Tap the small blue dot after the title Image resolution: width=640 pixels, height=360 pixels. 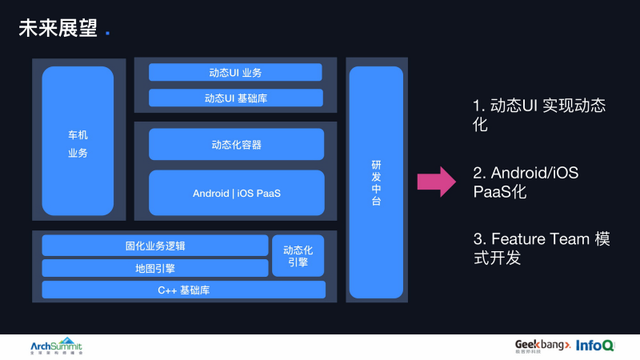108,34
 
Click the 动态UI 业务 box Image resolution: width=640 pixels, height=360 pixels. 235,73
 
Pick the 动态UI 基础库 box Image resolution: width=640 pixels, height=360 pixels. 235,98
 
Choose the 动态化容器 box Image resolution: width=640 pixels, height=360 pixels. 236,145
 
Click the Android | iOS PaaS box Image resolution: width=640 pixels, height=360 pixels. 236,193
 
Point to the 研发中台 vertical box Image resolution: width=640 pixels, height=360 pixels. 376,182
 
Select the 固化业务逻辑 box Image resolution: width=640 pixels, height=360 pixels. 155,246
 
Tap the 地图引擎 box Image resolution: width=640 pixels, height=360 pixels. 155,268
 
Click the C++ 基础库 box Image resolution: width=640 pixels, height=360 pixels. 183,290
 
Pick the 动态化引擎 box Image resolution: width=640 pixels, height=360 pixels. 298,255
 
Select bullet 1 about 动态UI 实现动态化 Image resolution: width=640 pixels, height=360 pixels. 538,115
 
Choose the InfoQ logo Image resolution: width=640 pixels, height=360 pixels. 597,345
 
